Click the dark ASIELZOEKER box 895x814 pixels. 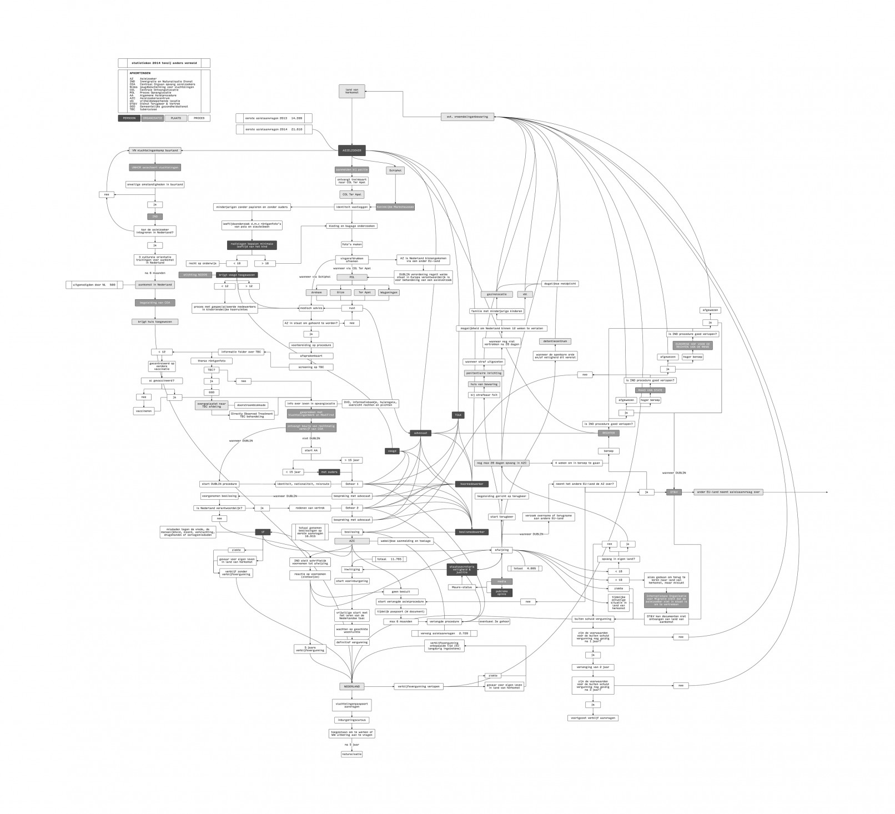[351, 150]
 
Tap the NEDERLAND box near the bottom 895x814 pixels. [351, 686]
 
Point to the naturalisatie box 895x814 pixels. [351, 754]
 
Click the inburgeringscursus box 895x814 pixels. [351, 720]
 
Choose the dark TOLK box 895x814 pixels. [459, 415]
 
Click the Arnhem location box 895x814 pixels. [317, 292]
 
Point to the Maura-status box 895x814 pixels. [462, 587]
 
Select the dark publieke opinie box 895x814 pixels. [501, 592]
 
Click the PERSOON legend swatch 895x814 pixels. [129, 118]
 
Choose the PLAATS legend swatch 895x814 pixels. [175, 118]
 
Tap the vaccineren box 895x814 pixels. [143, 411]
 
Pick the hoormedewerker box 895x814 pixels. [471, 484]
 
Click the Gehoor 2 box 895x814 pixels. [351, 508]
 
